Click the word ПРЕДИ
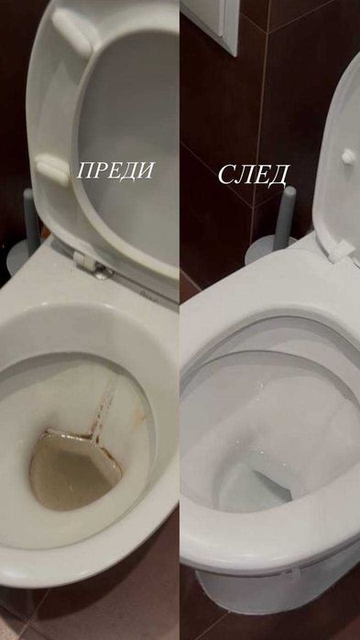coord(115,171)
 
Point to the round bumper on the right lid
coord(348,157)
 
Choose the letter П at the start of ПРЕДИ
coord(85,172)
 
